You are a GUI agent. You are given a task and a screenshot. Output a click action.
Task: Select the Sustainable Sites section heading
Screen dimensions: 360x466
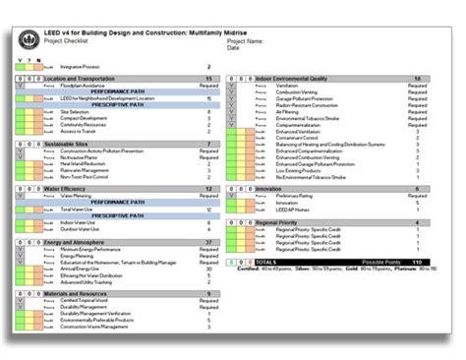(70, 144)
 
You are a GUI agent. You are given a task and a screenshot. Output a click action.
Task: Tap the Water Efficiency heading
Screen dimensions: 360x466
(68, 188)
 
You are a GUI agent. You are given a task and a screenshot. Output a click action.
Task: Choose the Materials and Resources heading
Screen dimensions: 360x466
(77, 292)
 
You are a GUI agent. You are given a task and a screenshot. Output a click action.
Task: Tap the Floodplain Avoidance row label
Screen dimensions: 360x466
(83, 86)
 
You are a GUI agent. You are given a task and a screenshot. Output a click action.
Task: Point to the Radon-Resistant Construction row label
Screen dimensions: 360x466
(298, 104)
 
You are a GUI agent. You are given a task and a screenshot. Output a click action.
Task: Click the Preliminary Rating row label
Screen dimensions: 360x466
(280, 197)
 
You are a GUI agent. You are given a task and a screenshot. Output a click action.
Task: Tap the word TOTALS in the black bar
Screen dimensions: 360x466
(265, 263)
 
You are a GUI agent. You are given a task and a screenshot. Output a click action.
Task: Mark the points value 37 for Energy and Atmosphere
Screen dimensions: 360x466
(208, 241)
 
